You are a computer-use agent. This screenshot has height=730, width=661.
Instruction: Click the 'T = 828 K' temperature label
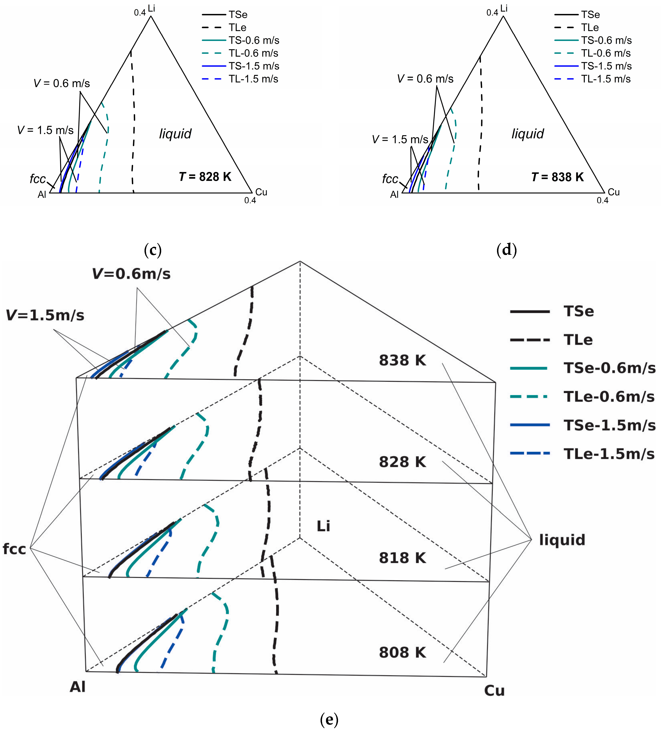tap(205, 177)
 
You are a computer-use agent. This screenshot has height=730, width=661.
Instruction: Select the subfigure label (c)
tap(153, 250)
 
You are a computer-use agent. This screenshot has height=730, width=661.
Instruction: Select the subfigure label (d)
tap(506, 250)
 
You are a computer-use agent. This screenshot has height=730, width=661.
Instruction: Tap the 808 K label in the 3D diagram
tap(402, 652)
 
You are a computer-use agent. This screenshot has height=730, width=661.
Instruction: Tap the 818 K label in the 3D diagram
tap(402, 558)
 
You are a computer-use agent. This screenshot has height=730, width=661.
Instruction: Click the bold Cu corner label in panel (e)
tap(494, 691)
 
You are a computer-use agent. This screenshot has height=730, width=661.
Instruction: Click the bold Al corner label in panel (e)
tap(78, 687)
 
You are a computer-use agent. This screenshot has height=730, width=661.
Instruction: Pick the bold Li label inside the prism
tap(323, 526)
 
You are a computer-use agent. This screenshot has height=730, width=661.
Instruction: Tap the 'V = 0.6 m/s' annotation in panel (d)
tap(425, 79)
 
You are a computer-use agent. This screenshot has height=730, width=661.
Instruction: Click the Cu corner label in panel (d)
tap(614, 192)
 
